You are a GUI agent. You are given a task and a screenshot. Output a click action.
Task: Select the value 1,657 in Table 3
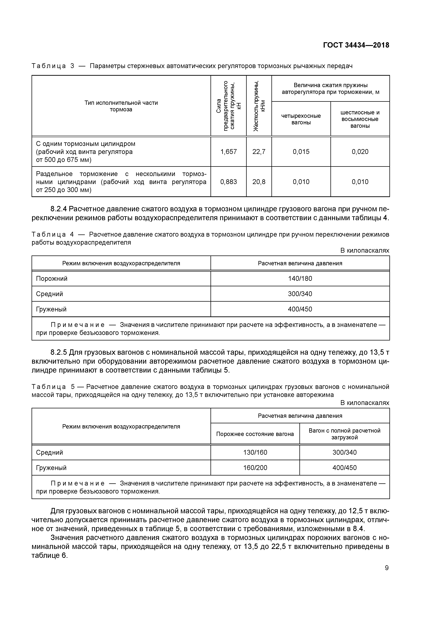click(x=228, y=152)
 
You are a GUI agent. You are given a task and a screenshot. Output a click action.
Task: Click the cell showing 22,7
click(x=259, y=152)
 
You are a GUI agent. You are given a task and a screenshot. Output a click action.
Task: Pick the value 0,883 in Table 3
click(x=228, y=182)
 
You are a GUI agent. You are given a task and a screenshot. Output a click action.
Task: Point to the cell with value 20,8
click(x=259, y=182)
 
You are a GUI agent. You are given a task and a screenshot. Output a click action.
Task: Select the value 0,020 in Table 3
click(x=360, y=152)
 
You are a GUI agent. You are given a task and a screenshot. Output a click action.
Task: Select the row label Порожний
click(x=52, y=278)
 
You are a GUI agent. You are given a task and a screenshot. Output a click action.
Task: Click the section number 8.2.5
click(x=59, y=353)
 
